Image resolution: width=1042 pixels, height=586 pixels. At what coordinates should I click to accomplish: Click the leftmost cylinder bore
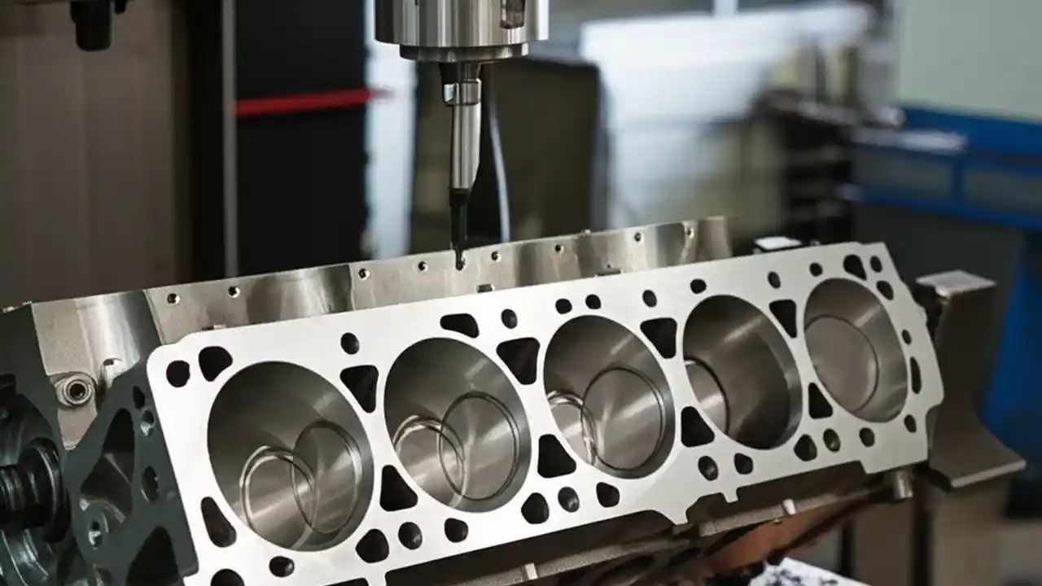(289, 456)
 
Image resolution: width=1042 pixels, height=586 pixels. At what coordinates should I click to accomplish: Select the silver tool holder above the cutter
(464, 122)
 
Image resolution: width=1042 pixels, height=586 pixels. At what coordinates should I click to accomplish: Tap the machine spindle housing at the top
(461, 24)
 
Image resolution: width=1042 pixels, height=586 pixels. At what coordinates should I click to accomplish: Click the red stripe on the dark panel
(301, 102)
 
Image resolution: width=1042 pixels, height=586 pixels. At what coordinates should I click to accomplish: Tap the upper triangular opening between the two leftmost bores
(359, 378)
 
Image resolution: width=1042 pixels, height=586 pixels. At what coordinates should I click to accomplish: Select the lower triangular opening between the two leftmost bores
(398, 488)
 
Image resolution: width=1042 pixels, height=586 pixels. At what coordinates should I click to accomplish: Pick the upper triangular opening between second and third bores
(519, 358)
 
